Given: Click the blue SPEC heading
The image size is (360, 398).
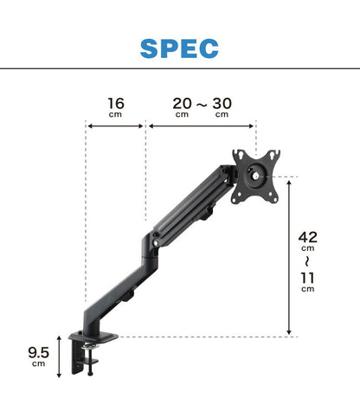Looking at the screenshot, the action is point(179,48).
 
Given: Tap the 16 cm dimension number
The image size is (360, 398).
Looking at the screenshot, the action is point(116,104).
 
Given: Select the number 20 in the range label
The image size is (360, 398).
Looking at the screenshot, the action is point(182,104).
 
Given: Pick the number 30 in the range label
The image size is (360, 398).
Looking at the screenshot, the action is point(222,104).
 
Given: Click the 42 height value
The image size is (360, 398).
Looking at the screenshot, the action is point(308,237).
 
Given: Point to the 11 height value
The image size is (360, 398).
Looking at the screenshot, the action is point(307,279).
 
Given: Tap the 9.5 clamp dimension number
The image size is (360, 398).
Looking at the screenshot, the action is point(39,353).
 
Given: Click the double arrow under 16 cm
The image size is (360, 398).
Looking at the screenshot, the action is point(115,126).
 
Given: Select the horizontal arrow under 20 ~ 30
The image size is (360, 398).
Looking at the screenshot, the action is point(201,126).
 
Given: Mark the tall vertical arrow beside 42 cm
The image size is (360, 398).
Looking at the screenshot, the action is point(289,258).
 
